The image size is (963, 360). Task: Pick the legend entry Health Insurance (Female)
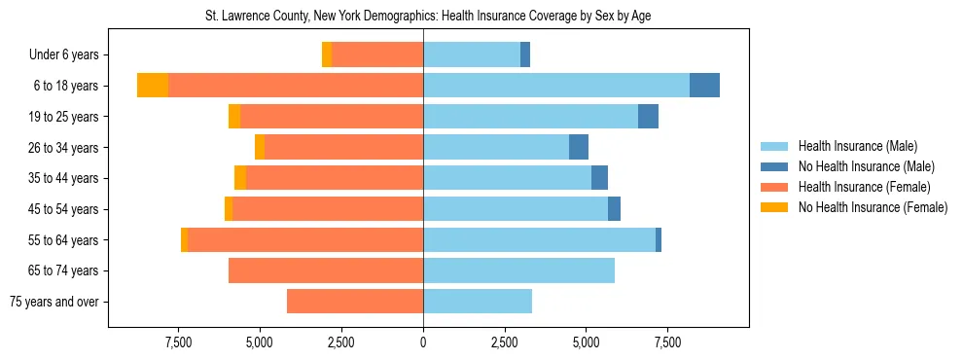pos(857,187)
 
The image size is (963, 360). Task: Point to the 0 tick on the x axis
pos(423,343)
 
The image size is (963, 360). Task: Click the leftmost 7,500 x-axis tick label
pos(178,343)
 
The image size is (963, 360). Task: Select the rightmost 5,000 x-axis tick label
pos(586,343)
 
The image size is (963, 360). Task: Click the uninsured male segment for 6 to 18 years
pos(704,86)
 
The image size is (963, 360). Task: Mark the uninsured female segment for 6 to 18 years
pos(153,86)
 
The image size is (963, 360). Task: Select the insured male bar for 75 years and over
pos(478,302)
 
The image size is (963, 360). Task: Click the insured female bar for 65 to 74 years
pos(326,270)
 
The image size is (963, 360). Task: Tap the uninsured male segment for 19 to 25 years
pos(648,117)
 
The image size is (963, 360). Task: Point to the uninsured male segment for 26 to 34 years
pos(579,147)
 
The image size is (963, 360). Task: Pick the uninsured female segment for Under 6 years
pos(327,54)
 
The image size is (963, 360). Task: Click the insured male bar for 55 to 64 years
pos(539,239)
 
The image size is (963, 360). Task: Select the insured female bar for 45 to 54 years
pos(328,209)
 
